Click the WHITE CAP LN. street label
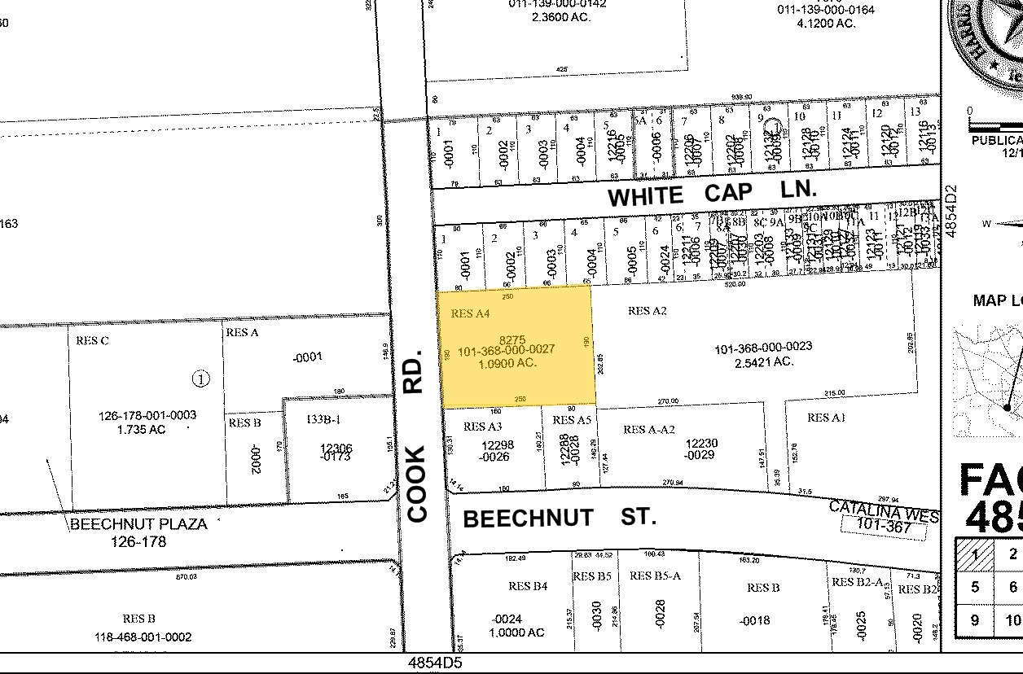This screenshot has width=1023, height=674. click(711, 193)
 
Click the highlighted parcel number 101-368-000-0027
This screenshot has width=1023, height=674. click(506, 350)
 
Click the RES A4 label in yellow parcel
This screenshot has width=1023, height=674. click(470, 313)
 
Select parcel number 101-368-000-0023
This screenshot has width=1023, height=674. click(763, 348)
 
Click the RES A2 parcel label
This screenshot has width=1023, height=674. click(648, 310)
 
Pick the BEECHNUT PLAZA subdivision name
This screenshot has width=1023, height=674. click(138, 524)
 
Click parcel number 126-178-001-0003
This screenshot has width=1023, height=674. click(148, 415)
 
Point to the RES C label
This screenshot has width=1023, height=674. click(92, 340)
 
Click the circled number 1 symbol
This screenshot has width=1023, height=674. click(200, 379)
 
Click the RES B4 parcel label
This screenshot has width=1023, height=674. click(528, 586)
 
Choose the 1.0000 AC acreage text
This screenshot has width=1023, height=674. click(517, 632)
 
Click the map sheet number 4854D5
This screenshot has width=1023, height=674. click(435, 663)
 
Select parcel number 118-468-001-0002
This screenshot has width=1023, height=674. click(147, 637)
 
